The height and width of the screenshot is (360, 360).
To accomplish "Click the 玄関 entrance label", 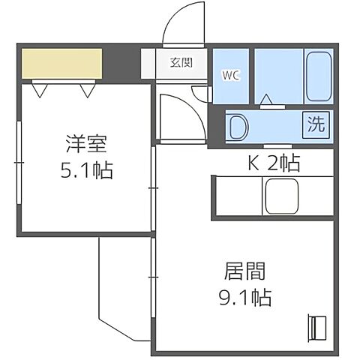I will click(180, 62).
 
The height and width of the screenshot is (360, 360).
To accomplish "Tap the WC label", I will click(229, 76).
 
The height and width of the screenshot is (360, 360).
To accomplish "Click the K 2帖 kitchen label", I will click(274, 162).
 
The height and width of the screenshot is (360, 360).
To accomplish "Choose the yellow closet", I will click(61, 64).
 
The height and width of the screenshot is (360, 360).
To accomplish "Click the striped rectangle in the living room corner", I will click(317, 328).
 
